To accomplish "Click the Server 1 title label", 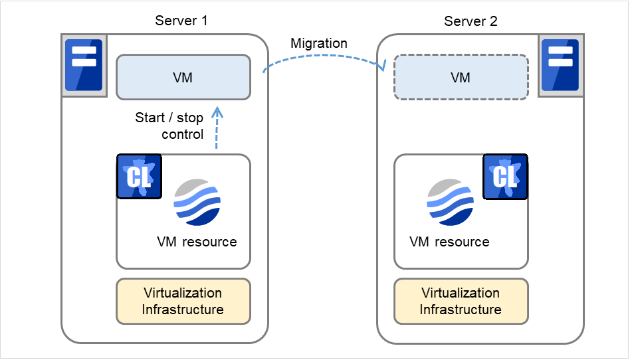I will pos(181,21).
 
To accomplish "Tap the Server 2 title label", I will pos(471,21).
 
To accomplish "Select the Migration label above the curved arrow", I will pos(319,44).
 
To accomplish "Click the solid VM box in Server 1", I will pos(183,78).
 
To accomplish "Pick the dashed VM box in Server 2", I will pos(461,78).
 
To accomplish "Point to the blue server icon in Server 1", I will pos(84,65).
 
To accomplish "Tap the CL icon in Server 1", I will pos(139,176).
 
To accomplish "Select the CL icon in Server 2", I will pos(504,176).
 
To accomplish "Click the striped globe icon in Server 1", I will pos(197,201).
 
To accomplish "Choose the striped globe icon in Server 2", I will pos(451,201).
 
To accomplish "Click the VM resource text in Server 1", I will pos(197,242).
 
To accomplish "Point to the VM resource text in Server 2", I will pos(450,242).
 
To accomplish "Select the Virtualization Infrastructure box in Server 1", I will pos(183,301).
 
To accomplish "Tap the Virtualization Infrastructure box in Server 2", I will pos(461,301).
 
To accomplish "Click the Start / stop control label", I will pos(169,126).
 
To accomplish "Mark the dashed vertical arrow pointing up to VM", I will pos(217,130).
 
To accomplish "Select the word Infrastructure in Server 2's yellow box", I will pos(461,310).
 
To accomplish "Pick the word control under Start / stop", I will pos(182,135).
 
